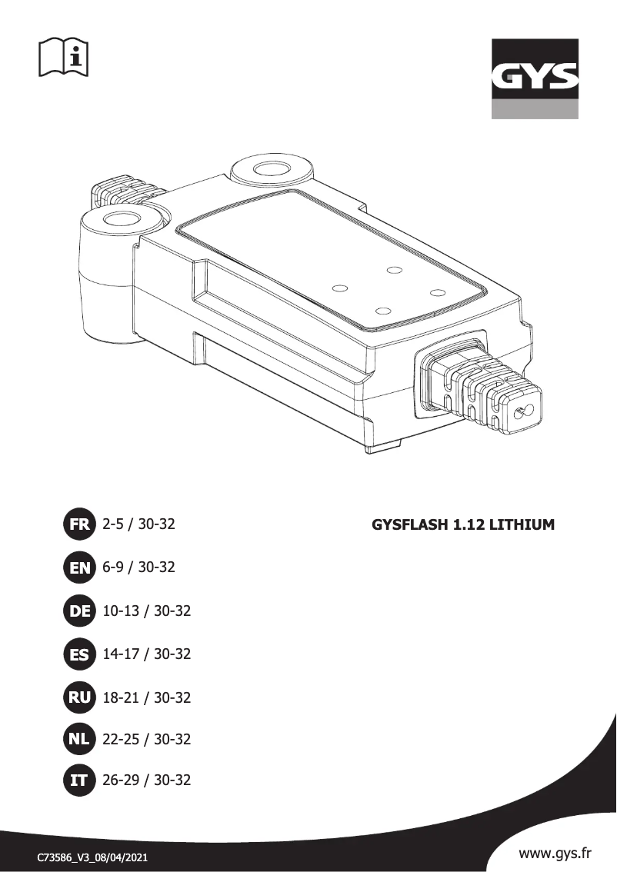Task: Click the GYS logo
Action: (x=535, y=78)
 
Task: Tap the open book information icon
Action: (x=64, y=56)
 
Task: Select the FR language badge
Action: (x=78, y=525)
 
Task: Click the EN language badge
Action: (x=78, y=568)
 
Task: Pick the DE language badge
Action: (x=78, y=612)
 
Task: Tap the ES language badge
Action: (x=78, y=655)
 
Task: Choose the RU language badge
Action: (x=78, y=698)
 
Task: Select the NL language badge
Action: (x=78, y=740)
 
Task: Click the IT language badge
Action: (x=78, y=780)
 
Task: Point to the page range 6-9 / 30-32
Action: (x=138, y=568)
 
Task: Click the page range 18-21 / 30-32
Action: (x=146, y=698)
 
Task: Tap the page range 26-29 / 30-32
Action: (x=146, y=780)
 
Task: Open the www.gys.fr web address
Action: (x=555, y=853)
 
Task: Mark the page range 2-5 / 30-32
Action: (x=138, y=525)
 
